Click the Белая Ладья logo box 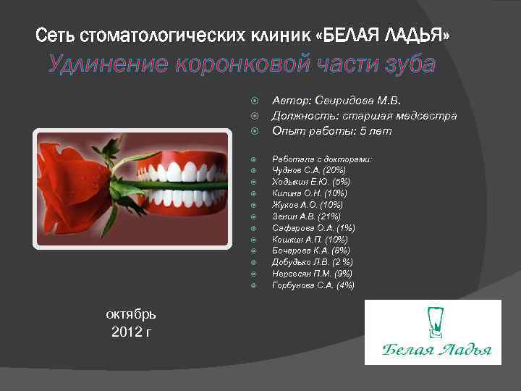433,332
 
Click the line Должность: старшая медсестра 364,116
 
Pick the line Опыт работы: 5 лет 331,131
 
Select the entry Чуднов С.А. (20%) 308,169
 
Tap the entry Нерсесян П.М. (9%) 312,274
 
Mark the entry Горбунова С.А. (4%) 313,285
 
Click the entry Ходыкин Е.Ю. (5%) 310,181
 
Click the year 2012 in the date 125,332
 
